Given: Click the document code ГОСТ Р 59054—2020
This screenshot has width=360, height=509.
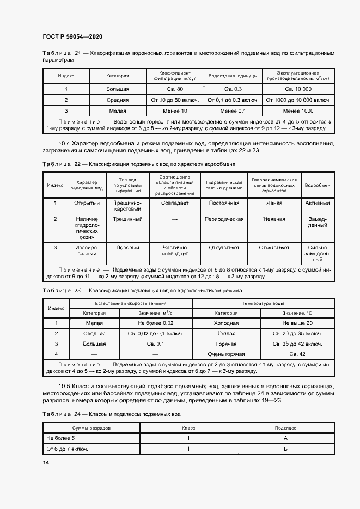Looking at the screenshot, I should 72,37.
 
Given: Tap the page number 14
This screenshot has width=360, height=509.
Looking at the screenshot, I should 46,462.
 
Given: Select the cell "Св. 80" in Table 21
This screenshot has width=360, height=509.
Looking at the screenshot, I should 175,89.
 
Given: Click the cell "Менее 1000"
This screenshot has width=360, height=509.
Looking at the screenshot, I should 298,111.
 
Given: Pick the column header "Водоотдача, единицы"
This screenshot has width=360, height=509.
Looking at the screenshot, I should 233,76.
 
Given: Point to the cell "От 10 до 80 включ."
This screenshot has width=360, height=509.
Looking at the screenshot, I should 175,100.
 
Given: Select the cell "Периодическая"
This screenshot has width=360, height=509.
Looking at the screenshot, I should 223,219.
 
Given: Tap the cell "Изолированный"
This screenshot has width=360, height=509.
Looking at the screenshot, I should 87,250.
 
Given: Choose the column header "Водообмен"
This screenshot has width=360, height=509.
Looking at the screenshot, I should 317,186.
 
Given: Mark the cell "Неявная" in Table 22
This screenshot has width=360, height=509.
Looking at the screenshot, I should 274,219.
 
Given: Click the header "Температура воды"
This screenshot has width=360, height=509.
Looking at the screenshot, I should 263,303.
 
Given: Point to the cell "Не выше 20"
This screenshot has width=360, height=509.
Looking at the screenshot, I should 298,323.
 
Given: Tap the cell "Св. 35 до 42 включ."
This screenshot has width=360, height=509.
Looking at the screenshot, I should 298,344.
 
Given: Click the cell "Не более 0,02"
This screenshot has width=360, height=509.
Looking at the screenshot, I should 155,323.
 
